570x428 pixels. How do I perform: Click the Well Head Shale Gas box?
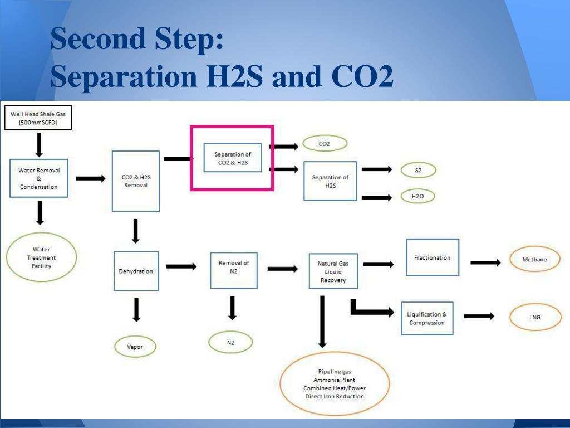pos(38,118)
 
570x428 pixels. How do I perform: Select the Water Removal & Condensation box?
pos(39,178)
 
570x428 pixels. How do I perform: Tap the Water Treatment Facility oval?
pos(41,257)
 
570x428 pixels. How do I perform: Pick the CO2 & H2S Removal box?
pos(136,181)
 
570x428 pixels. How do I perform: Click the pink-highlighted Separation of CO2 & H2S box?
pos(232,158)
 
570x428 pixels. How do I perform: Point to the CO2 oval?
pos(325,144)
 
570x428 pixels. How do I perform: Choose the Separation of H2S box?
pos(330,181)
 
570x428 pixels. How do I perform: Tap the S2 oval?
pos(418,170)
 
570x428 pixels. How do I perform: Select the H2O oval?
pos(417,196)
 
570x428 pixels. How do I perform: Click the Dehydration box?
pos(136,271)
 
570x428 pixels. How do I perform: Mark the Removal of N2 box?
pos(234,270)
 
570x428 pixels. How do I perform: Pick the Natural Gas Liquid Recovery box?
pos(333,271)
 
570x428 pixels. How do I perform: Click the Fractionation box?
pos(433,257)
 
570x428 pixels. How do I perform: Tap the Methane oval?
pos(534,260)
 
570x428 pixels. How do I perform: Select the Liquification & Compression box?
pos(427,319)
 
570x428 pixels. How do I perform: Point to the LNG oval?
pos(534,317)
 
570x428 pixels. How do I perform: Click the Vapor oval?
pos(135,347)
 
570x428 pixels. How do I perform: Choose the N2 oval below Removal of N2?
pos(230,342)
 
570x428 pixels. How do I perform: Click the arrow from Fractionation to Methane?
pos(485,262)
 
